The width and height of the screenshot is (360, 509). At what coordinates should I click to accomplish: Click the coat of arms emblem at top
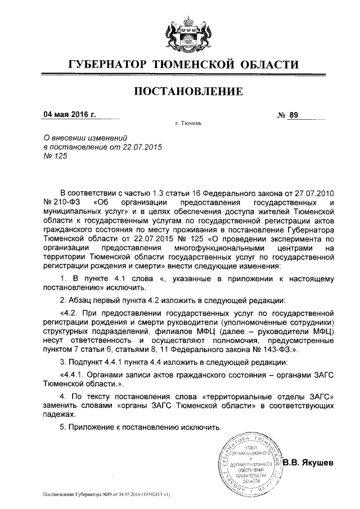[180, 31]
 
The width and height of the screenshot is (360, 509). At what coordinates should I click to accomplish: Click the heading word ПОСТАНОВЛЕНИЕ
[180, 91]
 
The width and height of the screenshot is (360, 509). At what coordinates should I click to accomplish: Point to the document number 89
[292, 115]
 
